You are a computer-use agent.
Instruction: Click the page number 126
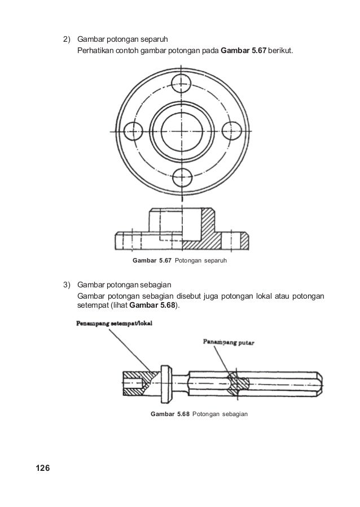[x=43, y=468]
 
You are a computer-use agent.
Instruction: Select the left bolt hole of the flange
[x=131, y=131]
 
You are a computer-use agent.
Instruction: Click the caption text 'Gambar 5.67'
[x=151, y=261]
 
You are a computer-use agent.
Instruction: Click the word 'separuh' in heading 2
[x=153, y=40]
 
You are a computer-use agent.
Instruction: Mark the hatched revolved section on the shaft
[x=236, y=382]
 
